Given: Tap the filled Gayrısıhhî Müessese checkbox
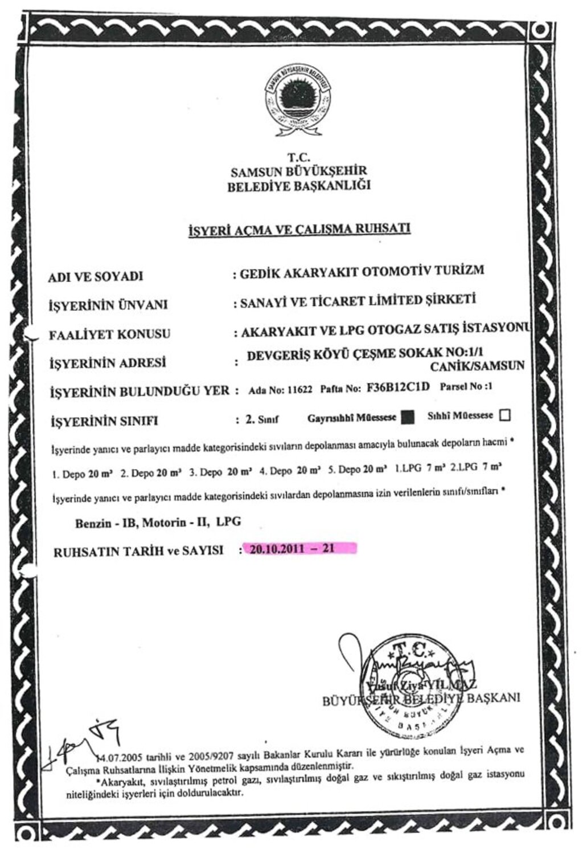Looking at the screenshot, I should (x=407, y=418).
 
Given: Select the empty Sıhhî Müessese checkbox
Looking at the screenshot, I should (x=504, y=416).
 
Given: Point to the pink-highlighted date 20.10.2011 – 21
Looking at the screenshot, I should (x=299, y=549).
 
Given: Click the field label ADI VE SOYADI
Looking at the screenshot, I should (x=96, y=276).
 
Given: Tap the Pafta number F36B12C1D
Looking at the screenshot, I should (x=399, y=388).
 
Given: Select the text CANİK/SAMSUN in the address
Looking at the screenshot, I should (x=486, y=366).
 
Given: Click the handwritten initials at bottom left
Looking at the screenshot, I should (x=85, y=739).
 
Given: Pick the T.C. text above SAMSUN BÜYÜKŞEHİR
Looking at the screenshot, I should (x=299, y=158).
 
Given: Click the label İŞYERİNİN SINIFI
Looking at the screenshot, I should (x=104, y=422).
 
